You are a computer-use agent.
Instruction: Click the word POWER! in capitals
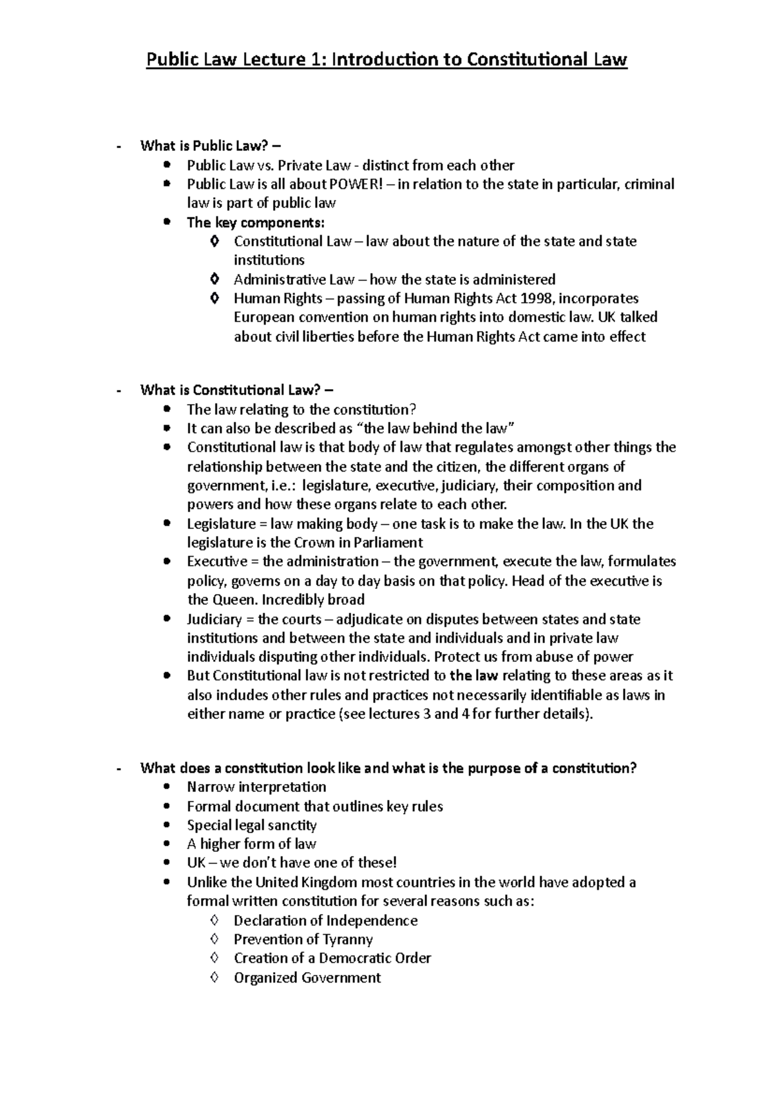[356, 184]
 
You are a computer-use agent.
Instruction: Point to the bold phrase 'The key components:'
[256, 223]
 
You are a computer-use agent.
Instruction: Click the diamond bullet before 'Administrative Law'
[215, 280]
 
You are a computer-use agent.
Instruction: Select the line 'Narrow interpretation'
[256, 787]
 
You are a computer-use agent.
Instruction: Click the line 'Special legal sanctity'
[251, 825]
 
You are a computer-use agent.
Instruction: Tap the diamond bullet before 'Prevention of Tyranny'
[215, 939]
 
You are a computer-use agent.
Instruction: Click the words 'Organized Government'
[307, 978]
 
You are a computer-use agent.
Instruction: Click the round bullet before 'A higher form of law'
[167, 844]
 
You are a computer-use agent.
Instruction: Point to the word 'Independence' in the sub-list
[372, 921]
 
